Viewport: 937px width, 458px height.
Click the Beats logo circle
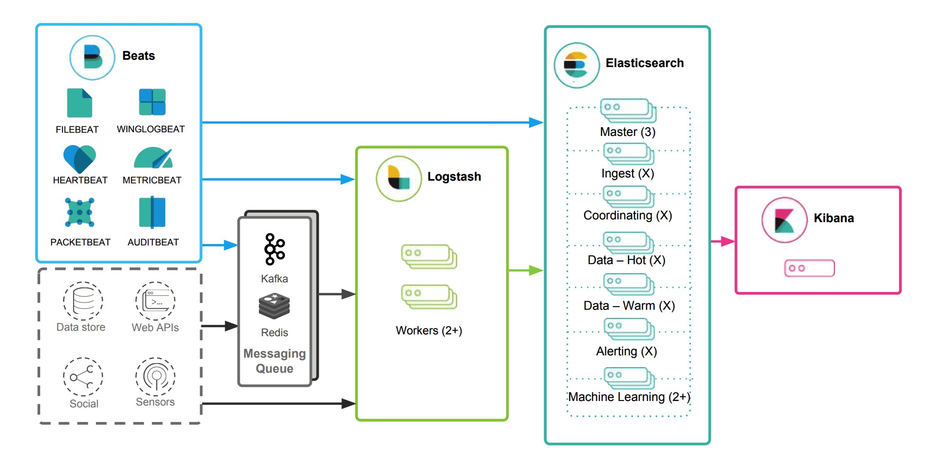point(92,58)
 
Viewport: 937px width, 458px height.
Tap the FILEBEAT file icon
point(79,103)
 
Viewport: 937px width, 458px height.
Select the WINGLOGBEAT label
point(151,129)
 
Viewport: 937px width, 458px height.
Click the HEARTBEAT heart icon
point(79,159)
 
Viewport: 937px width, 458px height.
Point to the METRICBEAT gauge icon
point(153,158)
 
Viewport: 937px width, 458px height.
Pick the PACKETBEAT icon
point(79,212)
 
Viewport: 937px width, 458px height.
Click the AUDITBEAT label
point(153,242)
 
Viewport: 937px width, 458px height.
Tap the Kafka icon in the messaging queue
point(274,249)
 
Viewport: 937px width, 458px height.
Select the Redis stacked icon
point(274,306)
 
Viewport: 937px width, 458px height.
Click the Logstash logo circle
point(399,179)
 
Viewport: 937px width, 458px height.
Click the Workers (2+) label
point(429,331)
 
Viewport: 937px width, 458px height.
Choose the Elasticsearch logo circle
point(577,65)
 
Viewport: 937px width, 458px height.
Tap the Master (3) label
point(627,132)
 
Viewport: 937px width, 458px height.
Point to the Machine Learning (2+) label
point(629,397)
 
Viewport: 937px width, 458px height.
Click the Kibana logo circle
point(784,220)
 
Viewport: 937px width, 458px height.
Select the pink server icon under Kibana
point(809,268)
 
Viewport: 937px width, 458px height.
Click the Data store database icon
point(83,301)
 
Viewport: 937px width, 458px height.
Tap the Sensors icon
point(155,377)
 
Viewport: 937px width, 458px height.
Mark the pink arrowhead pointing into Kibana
point(728,241)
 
